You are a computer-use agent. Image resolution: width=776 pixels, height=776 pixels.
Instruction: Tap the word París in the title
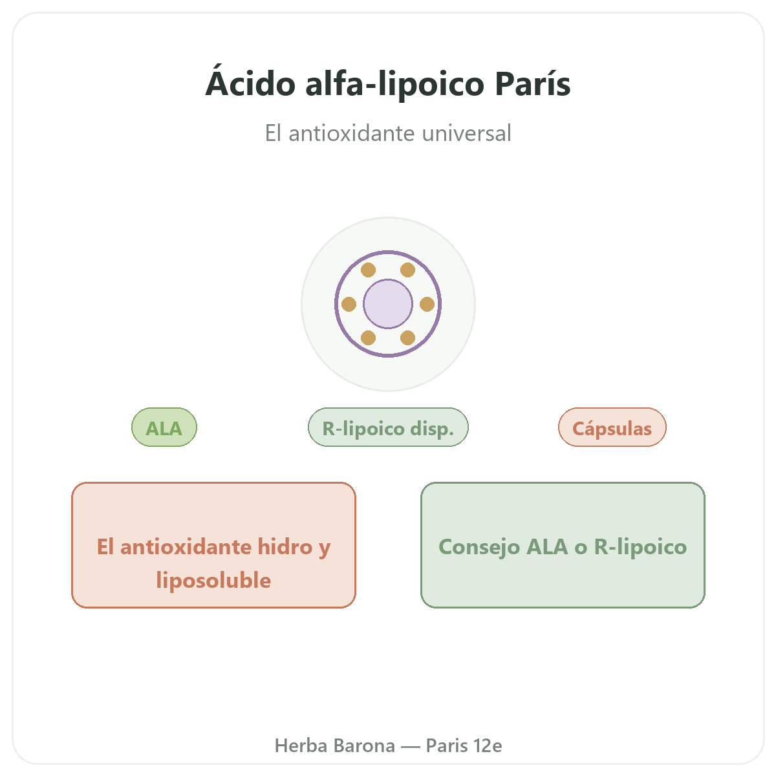532,83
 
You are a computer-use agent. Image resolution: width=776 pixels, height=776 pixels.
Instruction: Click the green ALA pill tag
164,427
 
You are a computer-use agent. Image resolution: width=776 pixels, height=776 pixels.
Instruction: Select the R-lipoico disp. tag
388,427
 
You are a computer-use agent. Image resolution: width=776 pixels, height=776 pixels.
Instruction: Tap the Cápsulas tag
612,427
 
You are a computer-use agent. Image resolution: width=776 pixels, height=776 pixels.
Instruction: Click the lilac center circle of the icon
388,304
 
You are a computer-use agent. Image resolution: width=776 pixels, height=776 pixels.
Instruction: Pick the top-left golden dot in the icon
368,270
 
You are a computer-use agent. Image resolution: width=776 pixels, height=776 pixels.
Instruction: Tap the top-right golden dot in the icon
407,270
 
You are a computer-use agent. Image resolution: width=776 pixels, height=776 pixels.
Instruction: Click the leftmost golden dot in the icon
349,304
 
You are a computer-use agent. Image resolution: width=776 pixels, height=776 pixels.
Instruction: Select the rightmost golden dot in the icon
427,304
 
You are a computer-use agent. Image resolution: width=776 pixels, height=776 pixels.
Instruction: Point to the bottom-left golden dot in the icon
368,338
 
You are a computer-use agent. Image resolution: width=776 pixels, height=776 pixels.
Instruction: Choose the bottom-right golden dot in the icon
407,338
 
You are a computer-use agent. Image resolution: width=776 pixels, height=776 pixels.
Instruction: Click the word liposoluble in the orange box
213,581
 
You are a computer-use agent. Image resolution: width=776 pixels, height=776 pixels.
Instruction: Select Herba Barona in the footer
334,746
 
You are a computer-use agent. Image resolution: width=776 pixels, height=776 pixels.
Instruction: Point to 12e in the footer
488,746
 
